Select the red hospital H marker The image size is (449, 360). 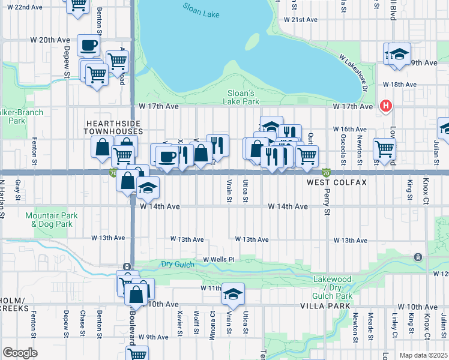click(x=386, y=106)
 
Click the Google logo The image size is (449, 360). click(x=20, y=353)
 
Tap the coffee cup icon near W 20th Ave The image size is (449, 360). click(x=89, y=45)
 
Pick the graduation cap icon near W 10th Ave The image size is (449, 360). click(x=233, y=294)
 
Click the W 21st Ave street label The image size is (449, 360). click(x=300, y=20)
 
